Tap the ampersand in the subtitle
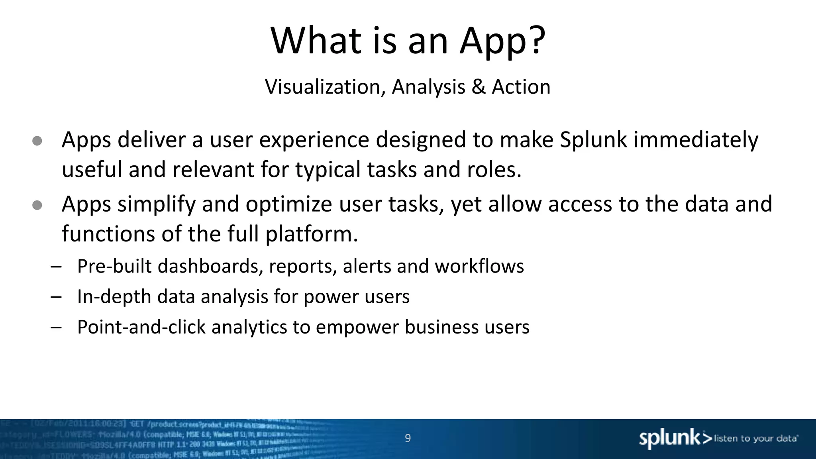tap(479, 87)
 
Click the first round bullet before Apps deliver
tap(37, 141)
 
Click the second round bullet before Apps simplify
tap(37, 205)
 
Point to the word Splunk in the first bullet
tap(593, 140)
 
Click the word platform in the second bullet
tap(311, 234)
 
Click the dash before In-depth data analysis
tap(56, 297)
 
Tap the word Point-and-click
tap(141, 328)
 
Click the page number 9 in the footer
tap(408, 438)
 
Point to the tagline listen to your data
tap(755, 439)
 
